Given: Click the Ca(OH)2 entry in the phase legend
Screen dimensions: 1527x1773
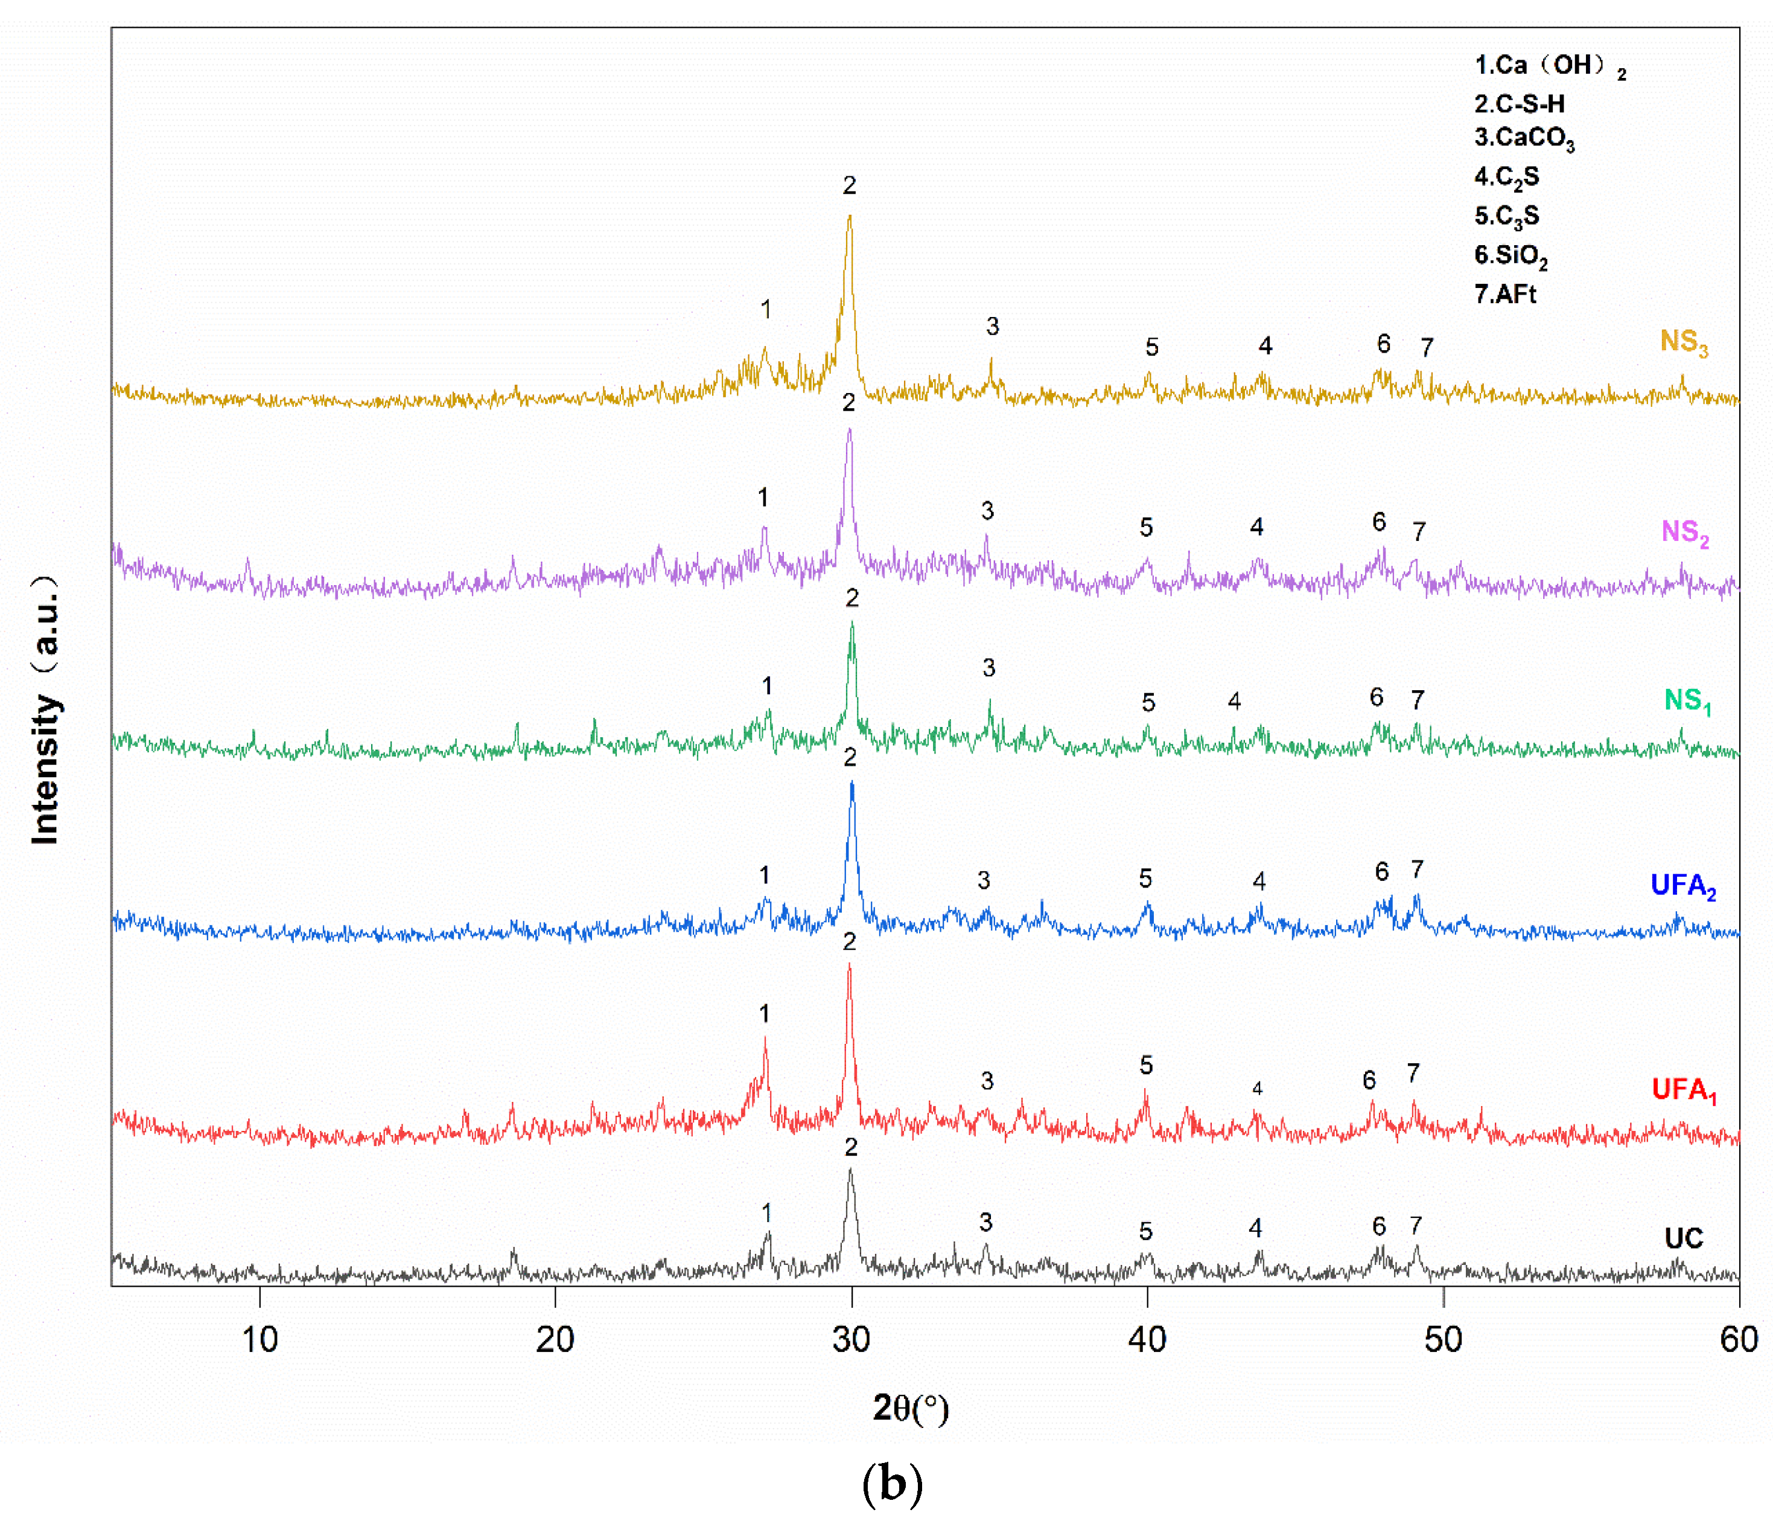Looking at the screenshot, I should pos(1549,66).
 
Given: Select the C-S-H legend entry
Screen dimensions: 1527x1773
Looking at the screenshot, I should pos(1519,104).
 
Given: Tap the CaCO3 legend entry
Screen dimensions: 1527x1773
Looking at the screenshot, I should pos(1524,139).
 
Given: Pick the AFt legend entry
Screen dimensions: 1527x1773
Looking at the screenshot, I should pos(1505,295).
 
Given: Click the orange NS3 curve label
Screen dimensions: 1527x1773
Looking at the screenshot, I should pos(1683,342).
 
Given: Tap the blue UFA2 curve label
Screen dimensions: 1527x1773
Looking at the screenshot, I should pos(1682,885).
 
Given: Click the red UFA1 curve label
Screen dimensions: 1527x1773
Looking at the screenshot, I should pos(1683,1090).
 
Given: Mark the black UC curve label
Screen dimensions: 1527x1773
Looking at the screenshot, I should pos(1683,1238).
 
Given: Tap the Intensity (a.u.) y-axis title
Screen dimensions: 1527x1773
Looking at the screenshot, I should pos(45,711).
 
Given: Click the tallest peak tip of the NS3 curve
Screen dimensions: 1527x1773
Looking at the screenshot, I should pos(849,216).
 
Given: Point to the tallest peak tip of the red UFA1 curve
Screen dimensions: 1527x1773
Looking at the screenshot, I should pos(849,965).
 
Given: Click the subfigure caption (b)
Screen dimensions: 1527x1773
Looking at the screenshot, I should pos(892,1484).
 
